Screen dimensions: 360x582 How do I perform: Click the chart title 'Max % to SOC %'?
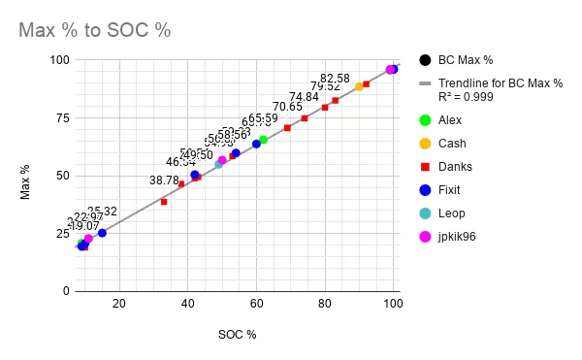click(95, 30)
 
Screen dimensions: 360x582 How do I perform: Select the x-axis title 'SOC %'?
click(237, 335)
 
